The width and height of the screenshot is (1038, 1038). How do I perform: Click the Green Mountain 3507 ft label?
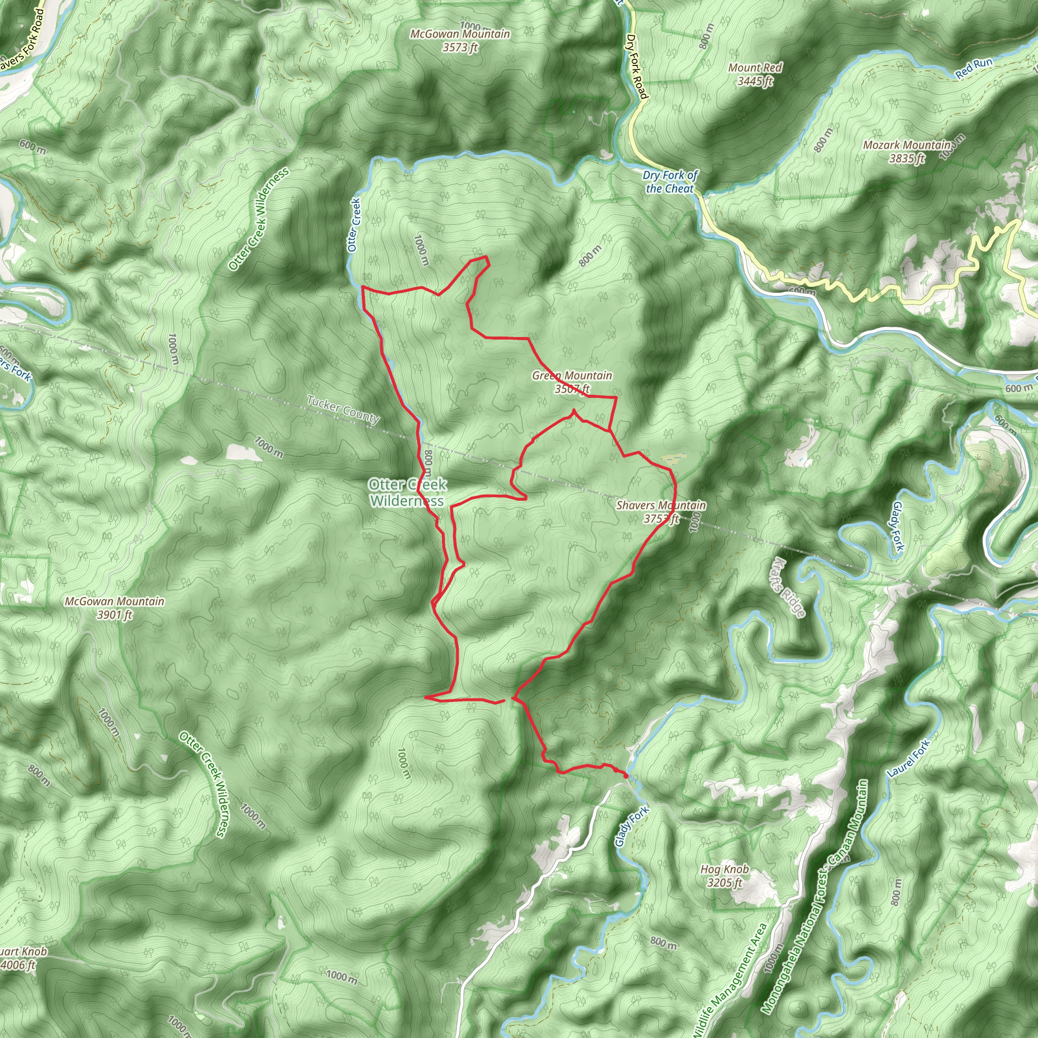[x=572, y=382]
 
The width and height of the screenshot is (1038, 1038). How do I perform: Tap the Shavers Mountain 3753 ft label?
[x=661, y=511]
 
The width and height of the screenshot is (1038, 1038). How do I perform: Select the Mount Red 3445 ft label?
[x=755, y=74]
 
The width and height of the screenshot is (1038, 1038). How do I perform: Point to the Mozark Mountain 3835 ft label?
[x=907, y=152]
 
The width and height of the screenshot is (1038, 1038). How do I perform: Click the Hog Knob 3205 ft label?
[x=724, y=876]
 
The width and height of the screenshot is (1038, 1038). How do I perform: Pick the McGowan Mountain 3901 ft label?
[x=115, y=608]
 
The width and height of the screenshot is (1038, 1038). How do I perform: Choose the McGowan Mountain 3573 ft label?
[x=460, y=41]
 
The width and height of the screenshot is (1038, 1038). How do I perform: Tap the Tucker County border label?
[x=343, y=409]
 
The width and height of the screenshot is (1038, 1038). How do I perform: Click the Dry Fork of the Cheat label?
[x=670, y=181]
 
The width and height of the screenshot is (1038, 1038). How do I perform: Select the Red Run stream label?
[x=974, y=69]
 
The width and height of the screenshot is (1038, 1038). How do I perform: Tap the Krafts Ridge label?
[x=788, y=588]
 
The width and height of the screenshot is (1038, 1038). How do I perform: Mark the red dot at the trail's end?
[x=626, y=776]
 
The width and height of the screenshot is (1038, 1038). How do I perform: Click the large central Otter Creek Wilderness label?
[x=407, y=493]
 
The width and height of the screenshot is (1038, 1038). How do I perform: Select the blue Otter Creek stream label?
[x=353, y=225]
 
